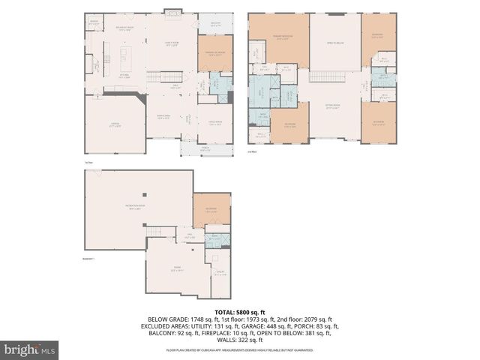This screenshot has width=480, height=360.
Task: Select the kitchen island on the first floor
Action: coord(118,57)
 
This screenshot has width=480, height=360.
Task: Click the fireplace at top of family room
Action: coord(172,13)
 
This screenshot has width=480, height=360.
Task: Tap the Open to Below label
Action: coord(334,43)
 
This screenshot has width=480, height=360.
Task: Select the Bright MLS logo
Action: coord(30,349)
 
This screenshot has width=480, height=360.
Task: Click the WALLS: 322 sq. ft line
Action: coord(239,340)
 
